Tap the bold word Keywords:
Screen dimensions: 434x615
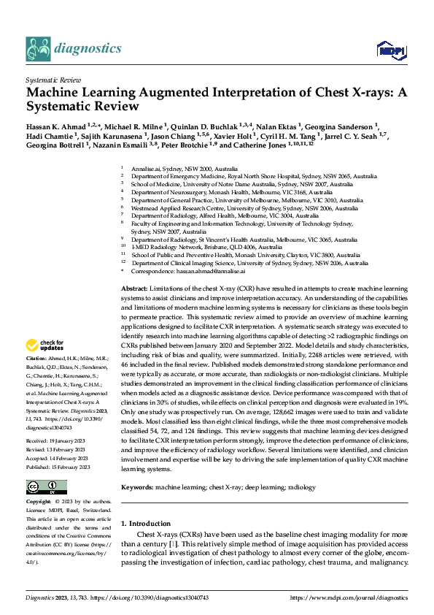tap(137, 446)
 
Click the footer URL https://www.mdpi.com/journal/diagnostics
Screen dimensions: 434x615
tap(349, 597)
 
